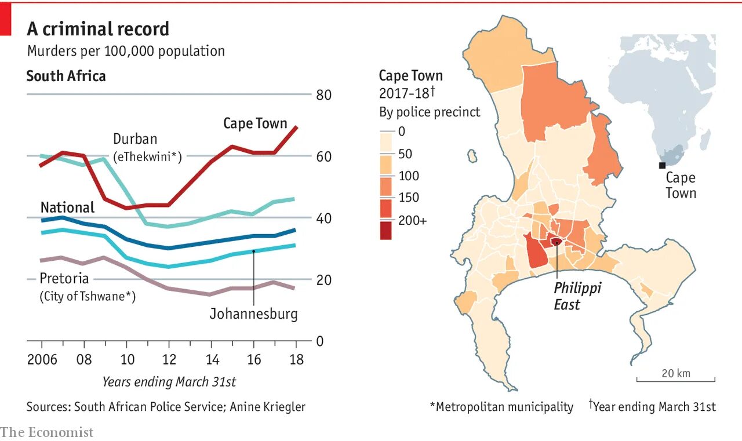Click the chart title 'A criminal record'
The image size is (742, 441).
click(x=98, y=29)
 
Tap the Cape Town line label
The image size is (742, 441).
click(x=255, y=123)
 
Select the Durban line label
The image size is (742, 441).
click(x=135, y=139)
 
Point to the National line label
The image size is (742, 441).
click(x=67, y=207)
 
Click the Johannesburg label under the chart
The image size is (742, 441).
click(x=253, y=314)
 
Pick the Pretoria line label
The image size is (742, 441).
click(x=64, y=279)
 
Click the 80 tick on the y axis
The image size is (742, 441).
click(x=323, y=94)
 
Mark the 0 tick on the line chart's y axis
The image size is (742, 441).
click(x=320, y=341)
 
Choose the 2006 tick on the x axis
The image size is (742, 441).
click(x=42, y=360)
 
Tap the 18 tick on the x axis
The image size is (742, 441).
click(x=296, y=360)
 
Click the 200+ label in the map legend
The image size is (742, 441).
click(x=412, y=220)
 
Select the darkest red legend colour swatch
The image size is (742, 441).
click(x=385, y=230)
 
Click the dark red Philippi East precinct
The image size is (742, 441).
click(x=556, y=242)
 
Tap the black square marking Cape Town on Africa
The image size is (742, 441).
click(x=662, y=166)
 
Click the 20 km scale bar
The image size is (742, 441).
click(x=676, y=380)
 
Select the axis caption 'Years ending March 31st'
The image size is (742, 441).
click(x=169, y=382)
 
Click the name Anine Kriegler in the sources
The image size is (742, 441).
click(x=267, y=407)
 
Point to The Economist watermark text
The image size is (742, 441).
click(x=46, y=432)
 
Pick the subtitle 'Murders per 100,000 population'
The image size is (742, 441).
click(x=126, y=51)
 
